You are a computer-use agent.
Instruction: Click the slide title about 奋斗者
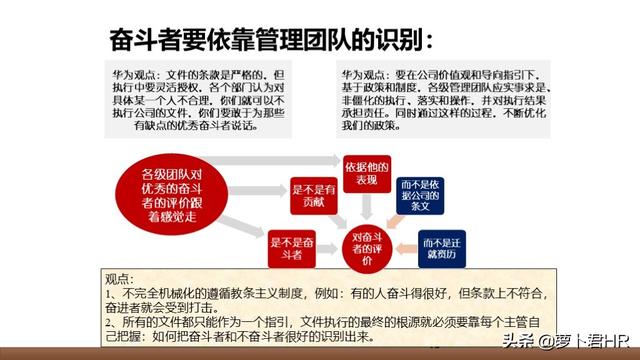coord(270,40)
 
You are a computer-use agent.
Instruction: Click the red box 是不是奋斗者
coord(296,245)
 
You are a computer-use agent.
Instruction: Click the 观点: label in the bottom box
coord(119,279)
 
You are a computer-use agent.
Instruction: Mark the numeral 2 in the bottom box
coord(110,322)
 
